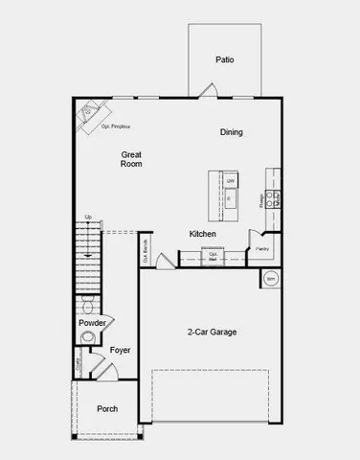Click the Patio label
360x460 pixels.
tap(224, 59)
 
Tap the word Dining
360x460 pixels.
tap(232, 132)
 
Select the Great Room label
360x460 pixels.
tap(132, 159)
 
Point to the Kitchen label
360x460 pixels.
tap(202, 234)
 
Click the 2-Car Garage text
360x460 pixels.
tap(212, 333)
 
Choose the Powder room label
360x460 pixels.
tap(93, 323)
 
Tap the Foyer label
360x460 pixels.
tap(120, 351)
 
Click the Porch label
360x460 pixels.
tap(107, 409)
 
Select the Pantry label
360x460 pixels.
tap(262, 249)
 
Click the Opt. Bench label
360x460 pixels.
tap(146, 252)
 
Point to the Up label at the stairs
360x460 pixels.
tap(88, 217)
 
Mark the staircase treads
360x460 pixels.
tap(88, 259)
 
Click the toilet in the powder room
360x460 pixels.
tap(87, 309)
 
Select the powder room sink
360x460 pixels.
tap(108, 323)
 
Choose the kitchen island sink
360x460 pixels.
tap(231, 199)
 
